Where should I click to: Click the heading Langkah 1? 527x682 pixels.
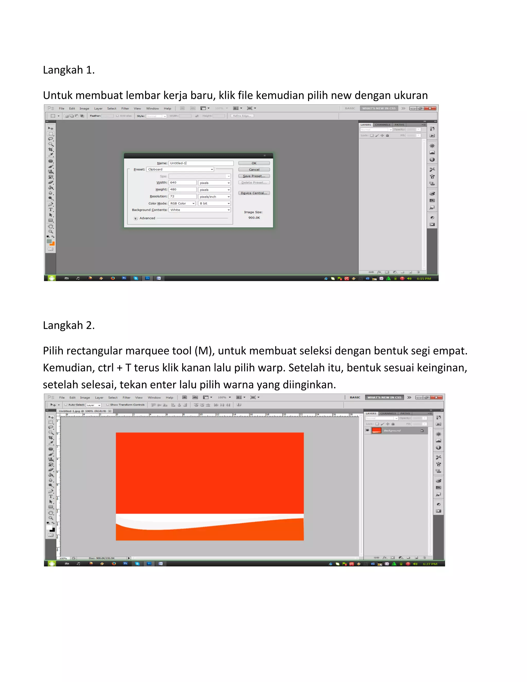point(69,70)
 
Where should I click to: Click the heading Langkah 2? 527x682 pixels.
point(69,325)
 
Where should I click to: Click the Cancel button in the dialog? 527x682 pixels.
point(254,170)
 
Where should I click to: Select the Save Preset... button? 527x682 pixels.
point(254,176)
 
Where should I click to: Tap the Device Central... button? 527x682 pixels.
point(254,193)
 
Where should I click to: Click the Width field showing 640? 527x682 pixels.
point(182,183)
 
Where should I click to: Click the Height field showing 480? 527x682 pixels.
point(182,190)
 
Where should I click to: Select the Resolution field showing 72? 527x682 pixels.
point(182,196)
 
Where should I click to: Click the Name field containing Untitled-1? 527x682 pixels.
point(201,163)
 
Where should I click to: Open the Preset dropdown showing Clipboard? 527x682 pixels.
point(180,170)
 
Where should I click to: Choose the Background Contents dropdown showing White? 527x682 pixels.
point(199,210)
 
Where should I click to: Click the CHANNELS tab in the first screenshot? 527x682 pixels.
point(382,125)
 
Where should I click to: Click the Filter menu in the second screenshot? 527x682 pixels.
point(126,398)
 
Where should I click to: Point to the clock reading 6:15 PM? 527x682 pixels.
point(424,278)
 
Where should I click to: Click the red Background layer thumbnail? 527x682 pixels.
point(376,430)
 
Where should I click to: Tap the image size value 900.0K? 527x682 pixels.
point(254,218)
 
